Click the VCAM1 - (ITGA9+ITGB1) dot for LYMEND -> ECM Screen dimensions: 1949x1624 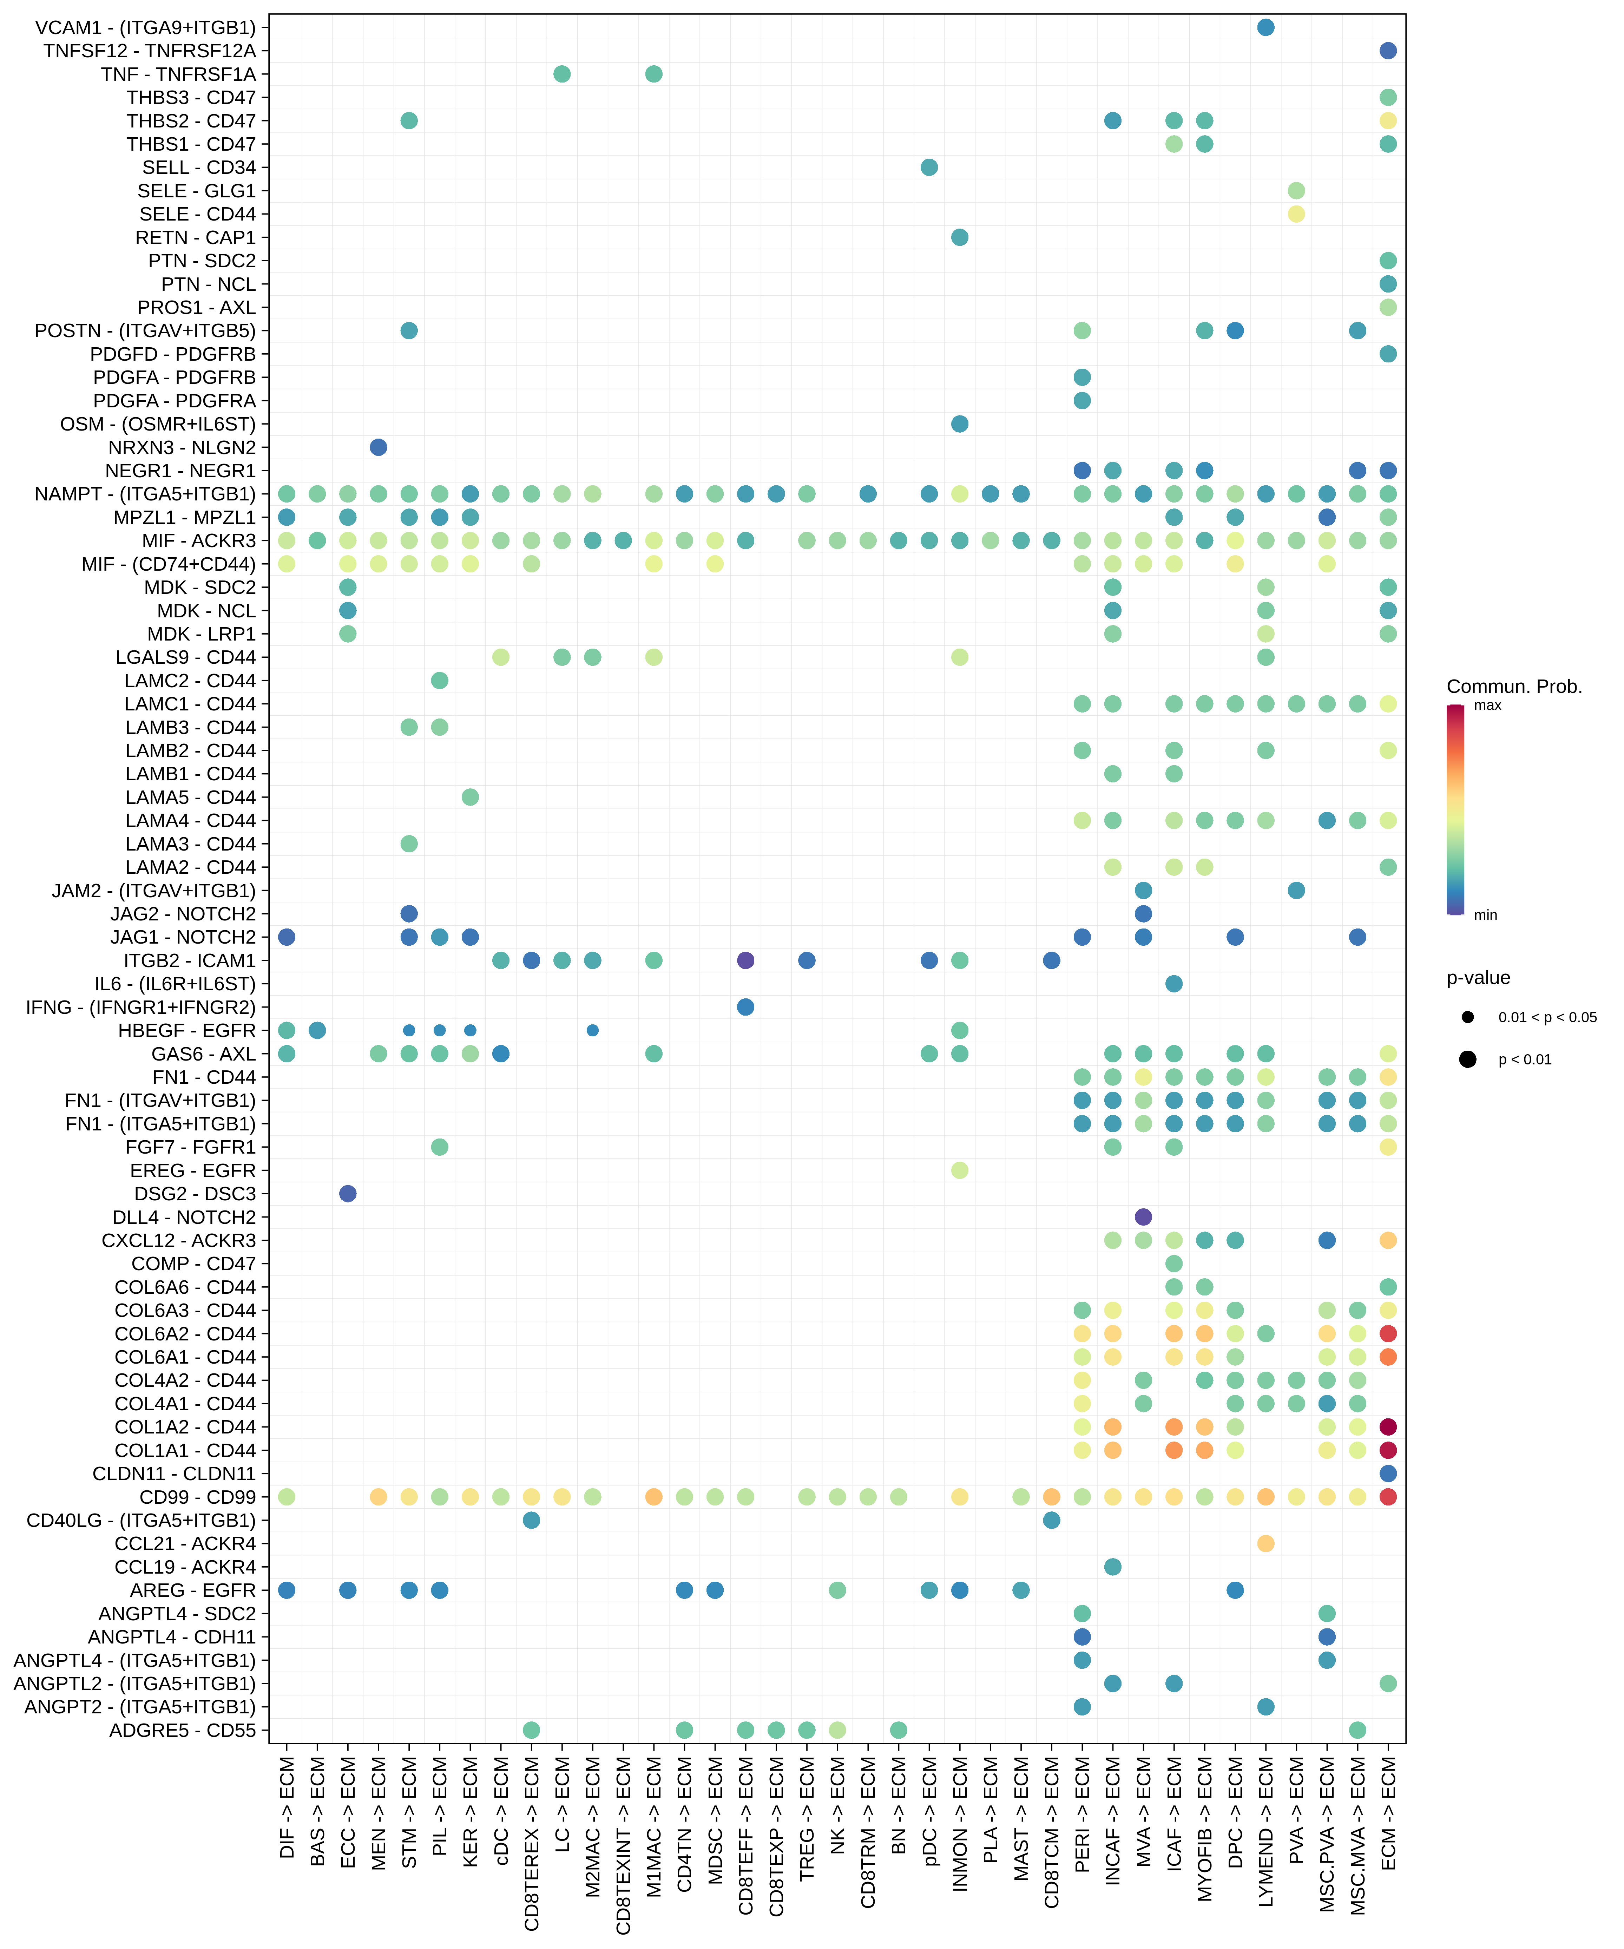[1265, 27]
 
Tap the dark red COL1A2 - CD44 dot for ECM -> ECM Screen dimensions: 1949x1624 [1387, 1426]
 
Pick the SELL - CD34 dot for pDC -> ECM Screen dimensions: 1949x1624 [929, 167]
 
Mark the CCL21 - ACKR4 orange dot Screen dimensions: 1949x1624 [1265, 1543]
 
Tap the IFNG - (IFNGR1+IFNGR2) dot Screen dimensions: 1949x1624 [745, 1007]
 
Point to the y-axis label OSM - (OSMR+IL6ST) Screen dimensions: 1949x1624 [158, 424]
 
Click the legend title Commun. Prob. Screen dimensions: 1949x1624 [1513, 687]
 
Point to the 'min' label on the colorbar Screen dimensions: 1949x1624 [1485, 915]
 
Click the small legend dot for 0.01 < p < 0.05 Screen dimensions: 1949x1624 [1467, 1017]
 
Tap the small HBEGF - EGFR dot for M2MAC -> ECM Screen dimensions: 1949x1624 [592, 1030]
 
